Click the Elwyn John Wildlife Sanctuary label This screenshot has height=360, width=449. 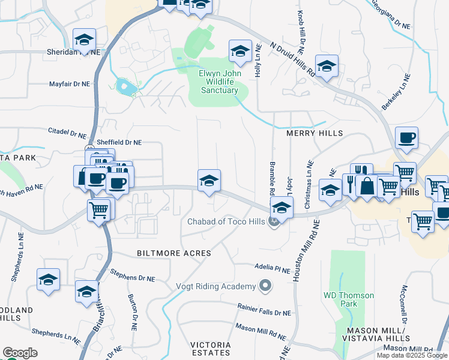pyautogui.click(x=218, y=82)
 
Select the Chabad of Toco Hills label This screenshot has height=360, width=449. pyautogui.click(x=226, y=221)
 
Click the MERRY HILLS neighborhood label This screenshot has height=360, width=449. pyautogui.click(x=315, y=133)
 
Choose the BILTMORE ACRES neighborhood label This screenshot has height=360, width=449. pyautogui.click(x=174, y=253)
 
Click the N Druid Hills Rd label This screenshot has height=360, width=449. pyautogui.click(x=292, y=58)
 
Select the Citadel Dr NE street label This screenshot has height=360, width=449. pyautogui.click(x=67, y=131)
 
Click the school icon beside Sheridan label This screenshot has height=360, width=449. pyautogui.click(x=83, y=40)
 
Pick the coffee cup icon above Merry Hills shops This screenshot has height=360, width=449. pyautogui.click(x=406, y=137)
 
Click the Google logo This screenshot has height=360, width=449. pyautogui.click(x=20, y=353)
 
